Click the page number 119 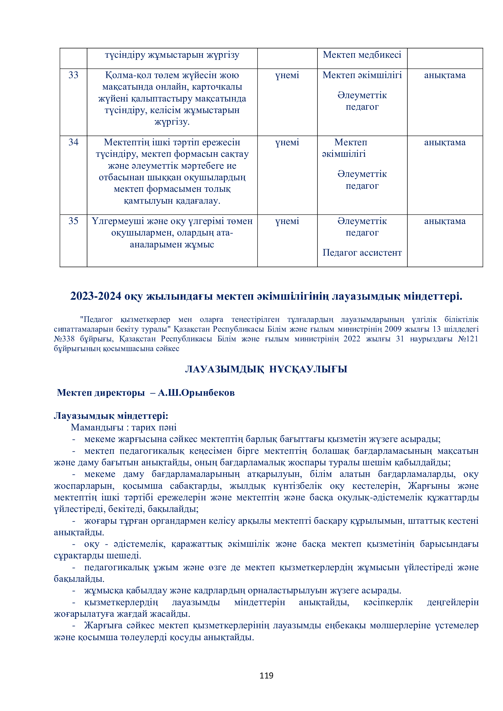(266, 675)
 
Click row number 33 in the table (73, 75)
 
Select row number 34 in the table (73, 142)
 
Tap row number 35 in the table (73, 221)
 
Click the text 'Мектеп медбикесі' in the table (362, 55)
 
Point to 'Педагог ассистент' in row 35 (362, 253)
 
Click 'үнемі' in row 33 (287, 75)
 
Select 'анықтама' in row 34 (445, 143)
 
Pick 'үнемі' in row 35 (287, 221)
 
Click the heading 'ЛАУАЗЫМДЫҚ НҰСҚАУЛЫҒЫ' (266, 369)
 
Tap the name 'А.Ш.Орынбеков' (196, 393)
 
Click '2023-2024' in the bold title (96, 296)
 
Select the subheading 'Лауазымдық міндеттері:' (111, 416)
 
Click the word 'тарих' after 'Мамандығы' (144, 427)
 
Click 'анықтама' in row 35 (445, 221)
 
